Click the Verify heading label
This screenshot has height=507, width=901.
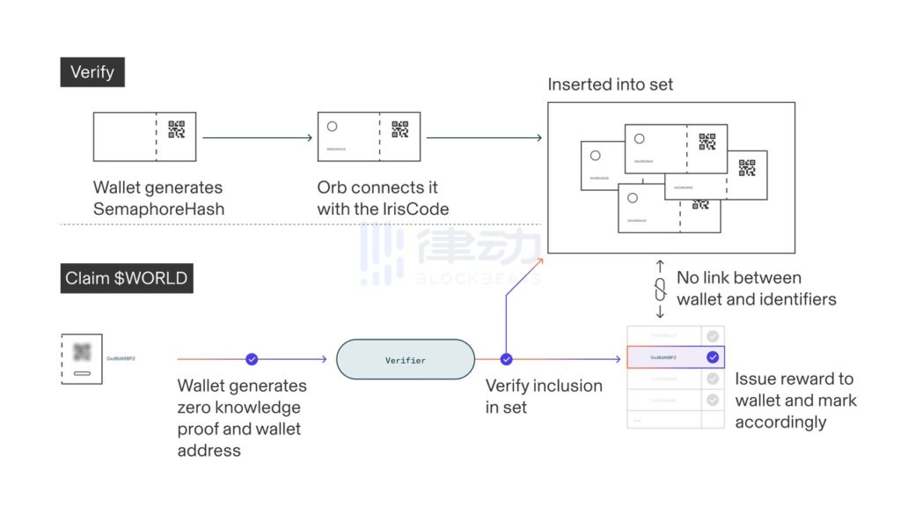[x=92, y=72]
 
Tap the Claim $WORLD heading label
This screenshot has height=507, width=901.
[x=126, y=279]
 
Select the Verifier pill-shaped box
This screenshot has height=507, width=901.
[x=406, y=360]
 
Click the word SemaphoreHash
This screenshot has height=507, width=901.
[x=158, y=209]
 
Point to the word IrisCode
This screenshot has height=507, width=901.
[x=414, y=209]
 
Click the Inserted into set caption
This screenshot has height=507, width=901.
[x=610, y=85]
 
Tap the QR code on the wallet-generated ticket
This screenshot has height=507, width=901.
[x=177, y=130]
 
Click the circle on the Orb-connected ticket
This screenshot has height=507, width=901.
[x=332, y=126]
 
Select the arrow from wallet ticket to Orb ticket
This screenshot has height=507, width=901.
[x=257, y=137]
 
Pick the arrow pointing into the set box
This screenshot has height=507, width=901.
[x=484, y=137]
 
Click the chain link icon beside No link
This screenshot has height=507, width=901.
[x=660, y=289]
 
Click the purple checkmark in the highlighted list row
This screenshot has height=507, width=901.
[x=713, y=357]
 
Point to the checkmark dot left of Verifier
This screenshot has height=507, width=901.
[x=252, y=359]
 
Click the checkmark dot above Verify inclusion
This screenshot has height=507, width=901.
[x=506, y=359]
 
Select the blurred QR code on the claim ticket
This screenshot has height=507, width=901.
[x=83, y=352]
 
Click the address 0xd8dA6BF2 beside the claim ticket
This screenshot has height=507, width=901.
[x=121, y=359]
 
